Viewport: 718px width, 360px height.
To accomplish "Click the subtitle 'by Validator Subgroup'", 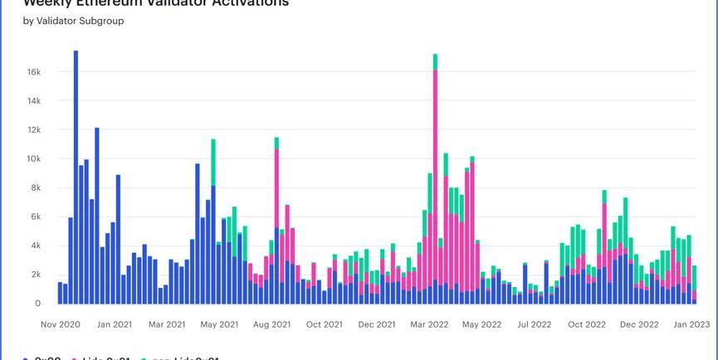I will pos(73,21).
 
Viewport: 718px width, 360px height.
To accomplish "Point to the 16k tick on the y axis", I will pos(33,72).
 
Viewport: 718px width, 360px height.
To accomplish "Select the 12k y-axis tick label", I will pos(33,130).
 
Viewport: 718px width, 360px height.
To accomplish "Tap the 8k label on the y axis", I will pos(35,188).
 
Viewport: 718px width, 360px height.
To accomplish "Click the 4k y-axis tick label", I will pos(35,246).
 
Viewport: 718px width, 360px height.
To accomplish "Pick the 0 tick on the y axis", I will pos(37,304).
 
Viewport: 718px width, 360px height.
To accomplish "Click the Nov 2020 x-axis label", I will pos(60,324).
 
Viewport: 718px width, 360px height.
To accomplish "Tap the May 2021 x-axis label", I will pos(219,324).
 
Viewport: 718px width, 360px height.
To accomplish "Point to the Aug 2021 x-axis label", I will pos(272,324).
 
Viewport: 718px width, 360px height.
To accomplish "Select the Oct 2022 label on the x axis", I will pos(586,324).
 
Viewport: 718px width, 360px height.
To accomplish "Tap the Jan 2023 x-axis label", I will pos(691,324).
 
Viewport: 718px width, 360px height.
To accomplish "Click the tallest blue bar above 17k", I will pos(76,166).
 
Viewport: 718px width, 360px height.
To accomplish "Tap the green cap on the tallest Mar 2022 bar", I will pos(435,61).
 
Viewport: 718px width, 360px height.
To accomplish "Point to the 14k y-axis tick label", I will pos(33,101).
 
